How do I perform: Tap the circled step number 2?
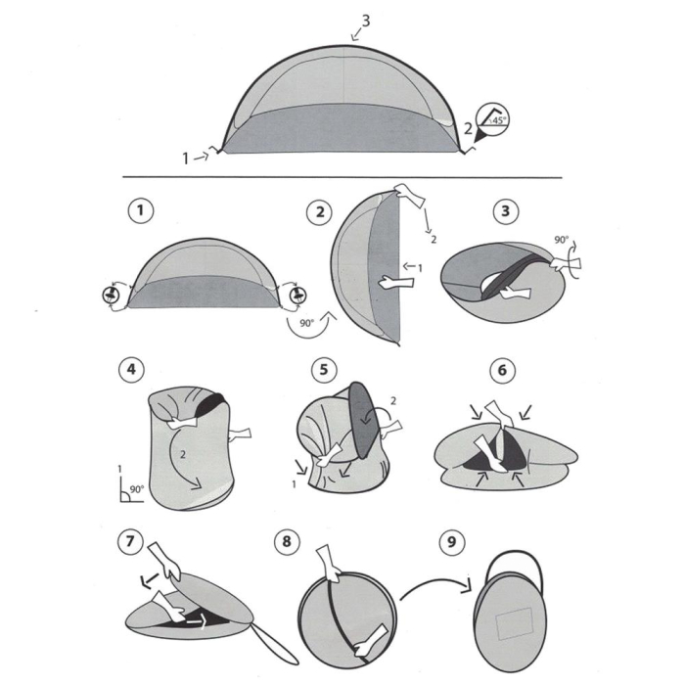[x=318, y=211]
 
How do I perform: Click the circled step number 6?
[x=501, y=370]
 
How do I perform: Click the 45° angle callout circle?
[x=493, y=118]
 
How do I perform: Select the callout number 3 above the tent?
[x=366, y=21]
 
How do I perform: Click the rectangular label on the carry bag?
[x=513, y=622]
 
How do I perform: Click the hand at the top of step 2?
[x=406, y=196]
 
